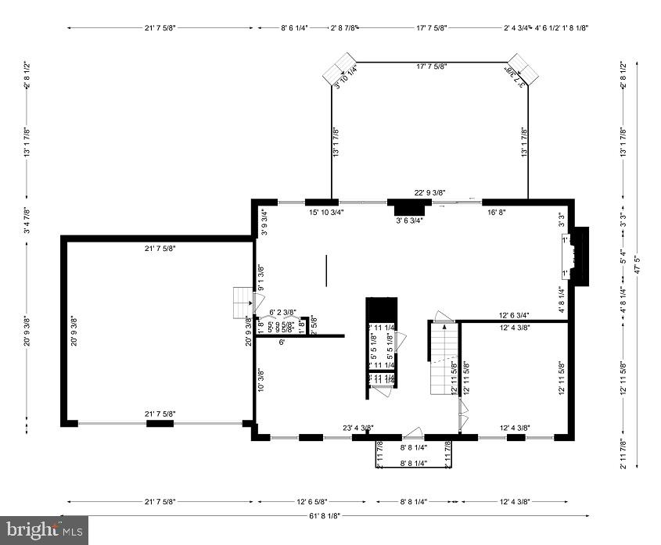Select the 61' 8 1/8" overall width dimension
tap(328, 516)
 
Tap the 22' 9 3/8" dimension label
tap(429, 192)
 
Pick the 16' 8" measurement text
tap(498, 212)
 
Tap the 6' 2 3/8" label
tap(282, 311)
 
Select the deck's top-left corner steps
tap(339, 68)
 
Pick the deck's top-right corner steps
tap(523, 69)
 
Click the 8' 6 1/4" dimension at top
tap(294, 27)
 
